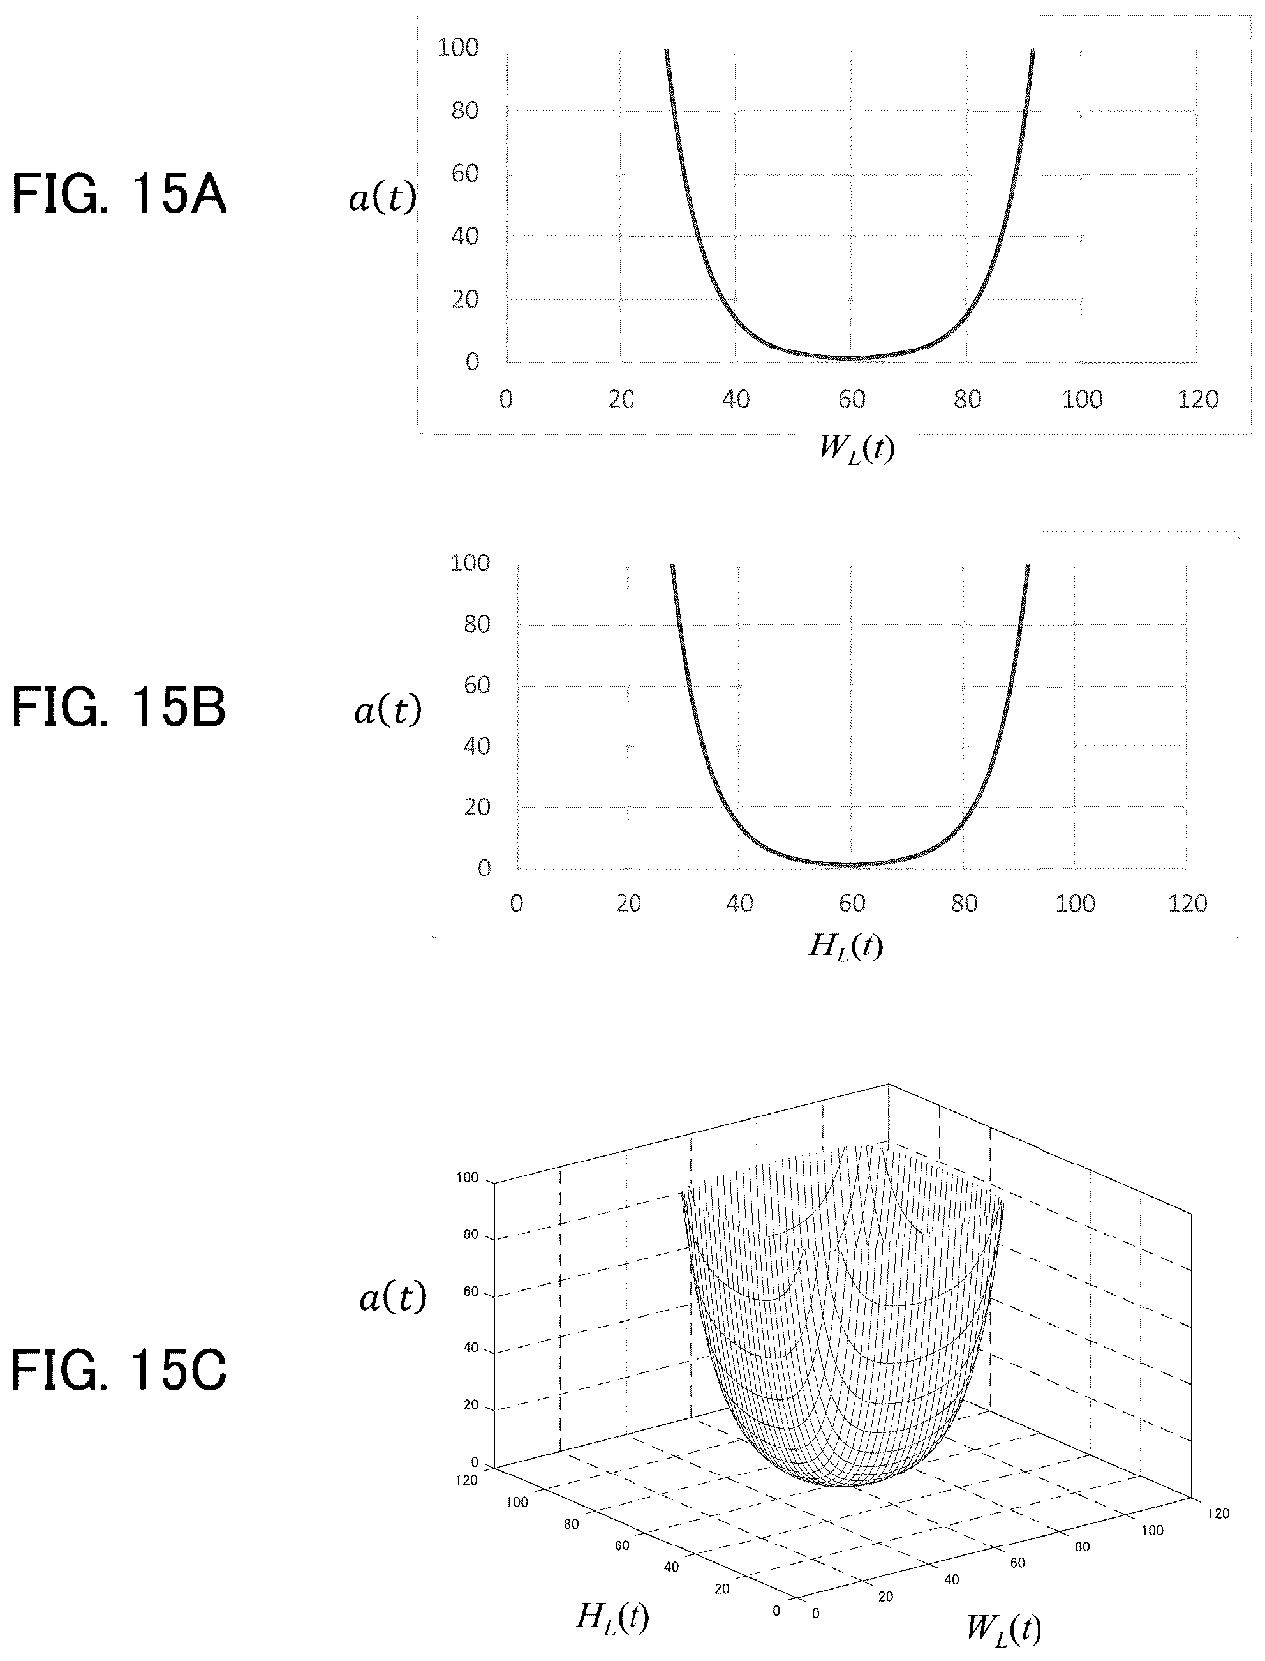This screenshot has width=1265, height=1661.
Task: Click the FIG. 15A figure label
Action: (x=119, y=194)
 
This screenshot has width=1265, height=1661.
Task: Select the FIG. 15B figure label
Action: (x=119, y=708)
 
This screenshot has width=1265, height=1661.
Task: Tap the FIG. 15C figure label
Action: (x=119, y=1371)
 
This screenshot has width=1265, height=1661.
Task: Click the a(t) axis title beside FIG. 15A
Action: (x=381, y=197)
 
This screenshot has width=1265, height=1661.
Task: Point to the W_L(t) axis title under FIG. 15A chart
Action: (x=857, y=449)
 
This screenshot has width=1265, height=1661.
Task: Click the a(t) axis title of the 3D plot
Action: (x=392, y=1297)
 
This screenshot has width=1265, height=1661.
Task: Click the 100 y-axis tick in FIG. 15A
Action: (x=458, y=47)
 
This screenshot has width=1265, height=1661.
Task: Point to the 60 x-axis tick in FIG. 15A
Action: (x=852, y=398)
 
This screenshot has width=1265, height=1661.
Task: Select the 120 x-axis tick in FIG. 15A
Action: (x=1197, y=398)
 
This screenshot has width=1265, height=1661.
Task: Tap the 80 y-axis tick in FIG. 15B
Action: (x=477, y=624)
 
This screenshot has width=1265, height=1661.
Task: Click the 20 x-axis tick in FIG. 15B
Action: (x=628, y=903)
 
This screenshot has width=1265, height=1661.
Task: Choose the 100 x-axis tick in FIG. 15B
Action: (x=1074, y=903)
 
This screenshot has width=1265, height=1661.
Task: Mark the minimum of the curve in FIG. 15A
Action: (x=851, y=359)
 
